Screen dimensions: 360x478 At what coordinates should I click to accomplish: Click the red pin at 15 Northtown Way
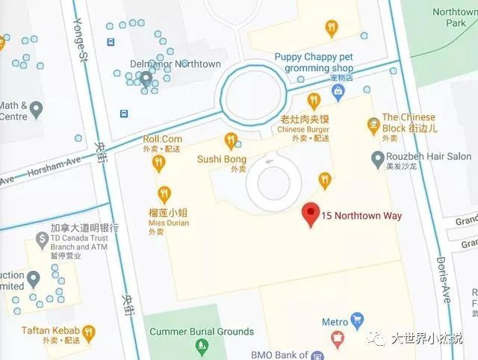(311, 214)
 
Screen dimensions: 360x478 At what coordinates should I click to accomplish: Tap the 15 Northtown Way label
(361, 216)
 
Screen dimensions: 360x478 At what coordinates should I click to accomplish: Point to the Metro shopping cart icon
(356, 321)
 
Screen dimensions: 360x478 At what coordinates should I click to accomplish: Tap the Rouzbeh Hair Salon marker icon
(378, 158)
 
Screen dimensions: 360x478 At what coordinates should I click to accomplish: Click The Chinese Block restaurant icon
(373, 126)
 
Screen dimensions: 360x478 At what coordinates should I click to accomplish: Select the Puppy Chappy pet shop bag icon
(338, 91)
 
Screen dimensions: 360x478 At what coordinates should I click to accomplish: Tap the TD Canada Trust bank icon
(42, 240)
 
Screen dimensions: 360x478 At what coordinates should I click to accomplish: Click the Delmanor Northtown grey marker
(147, 77)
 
